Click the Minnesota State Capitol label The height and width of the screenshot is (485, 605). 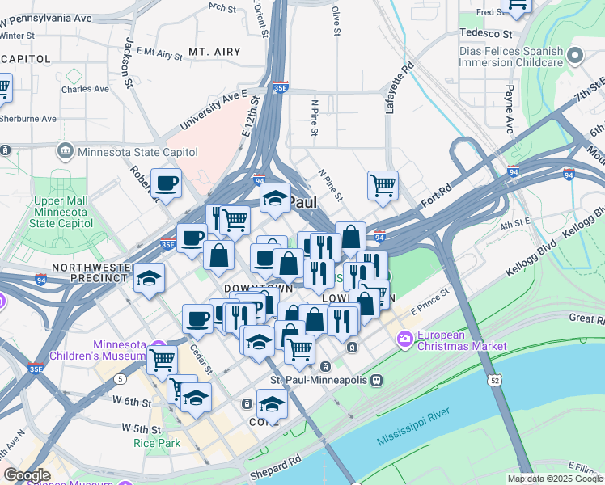pos(137,152)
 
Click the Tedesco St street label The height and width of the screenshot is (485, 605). pos(485,34)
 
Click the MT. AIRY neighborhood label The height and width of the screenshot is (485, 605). pos(214,52)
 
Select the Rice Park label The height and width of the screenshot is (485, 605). pos(158,442)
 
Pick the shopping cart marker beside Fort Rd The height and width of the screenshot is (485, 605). pos(383,184)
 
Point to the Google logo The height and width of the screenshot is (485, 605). pos(27,475)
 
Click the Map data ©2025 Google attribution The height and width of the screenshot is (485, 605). pos(554,479)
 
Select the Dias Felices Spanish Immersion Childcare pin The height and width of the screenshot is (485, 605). pos(575,56)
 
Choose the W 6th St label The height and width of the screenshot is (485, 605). pos(125,401)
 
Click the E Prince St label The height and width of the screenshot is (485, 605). pos(429,304)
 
